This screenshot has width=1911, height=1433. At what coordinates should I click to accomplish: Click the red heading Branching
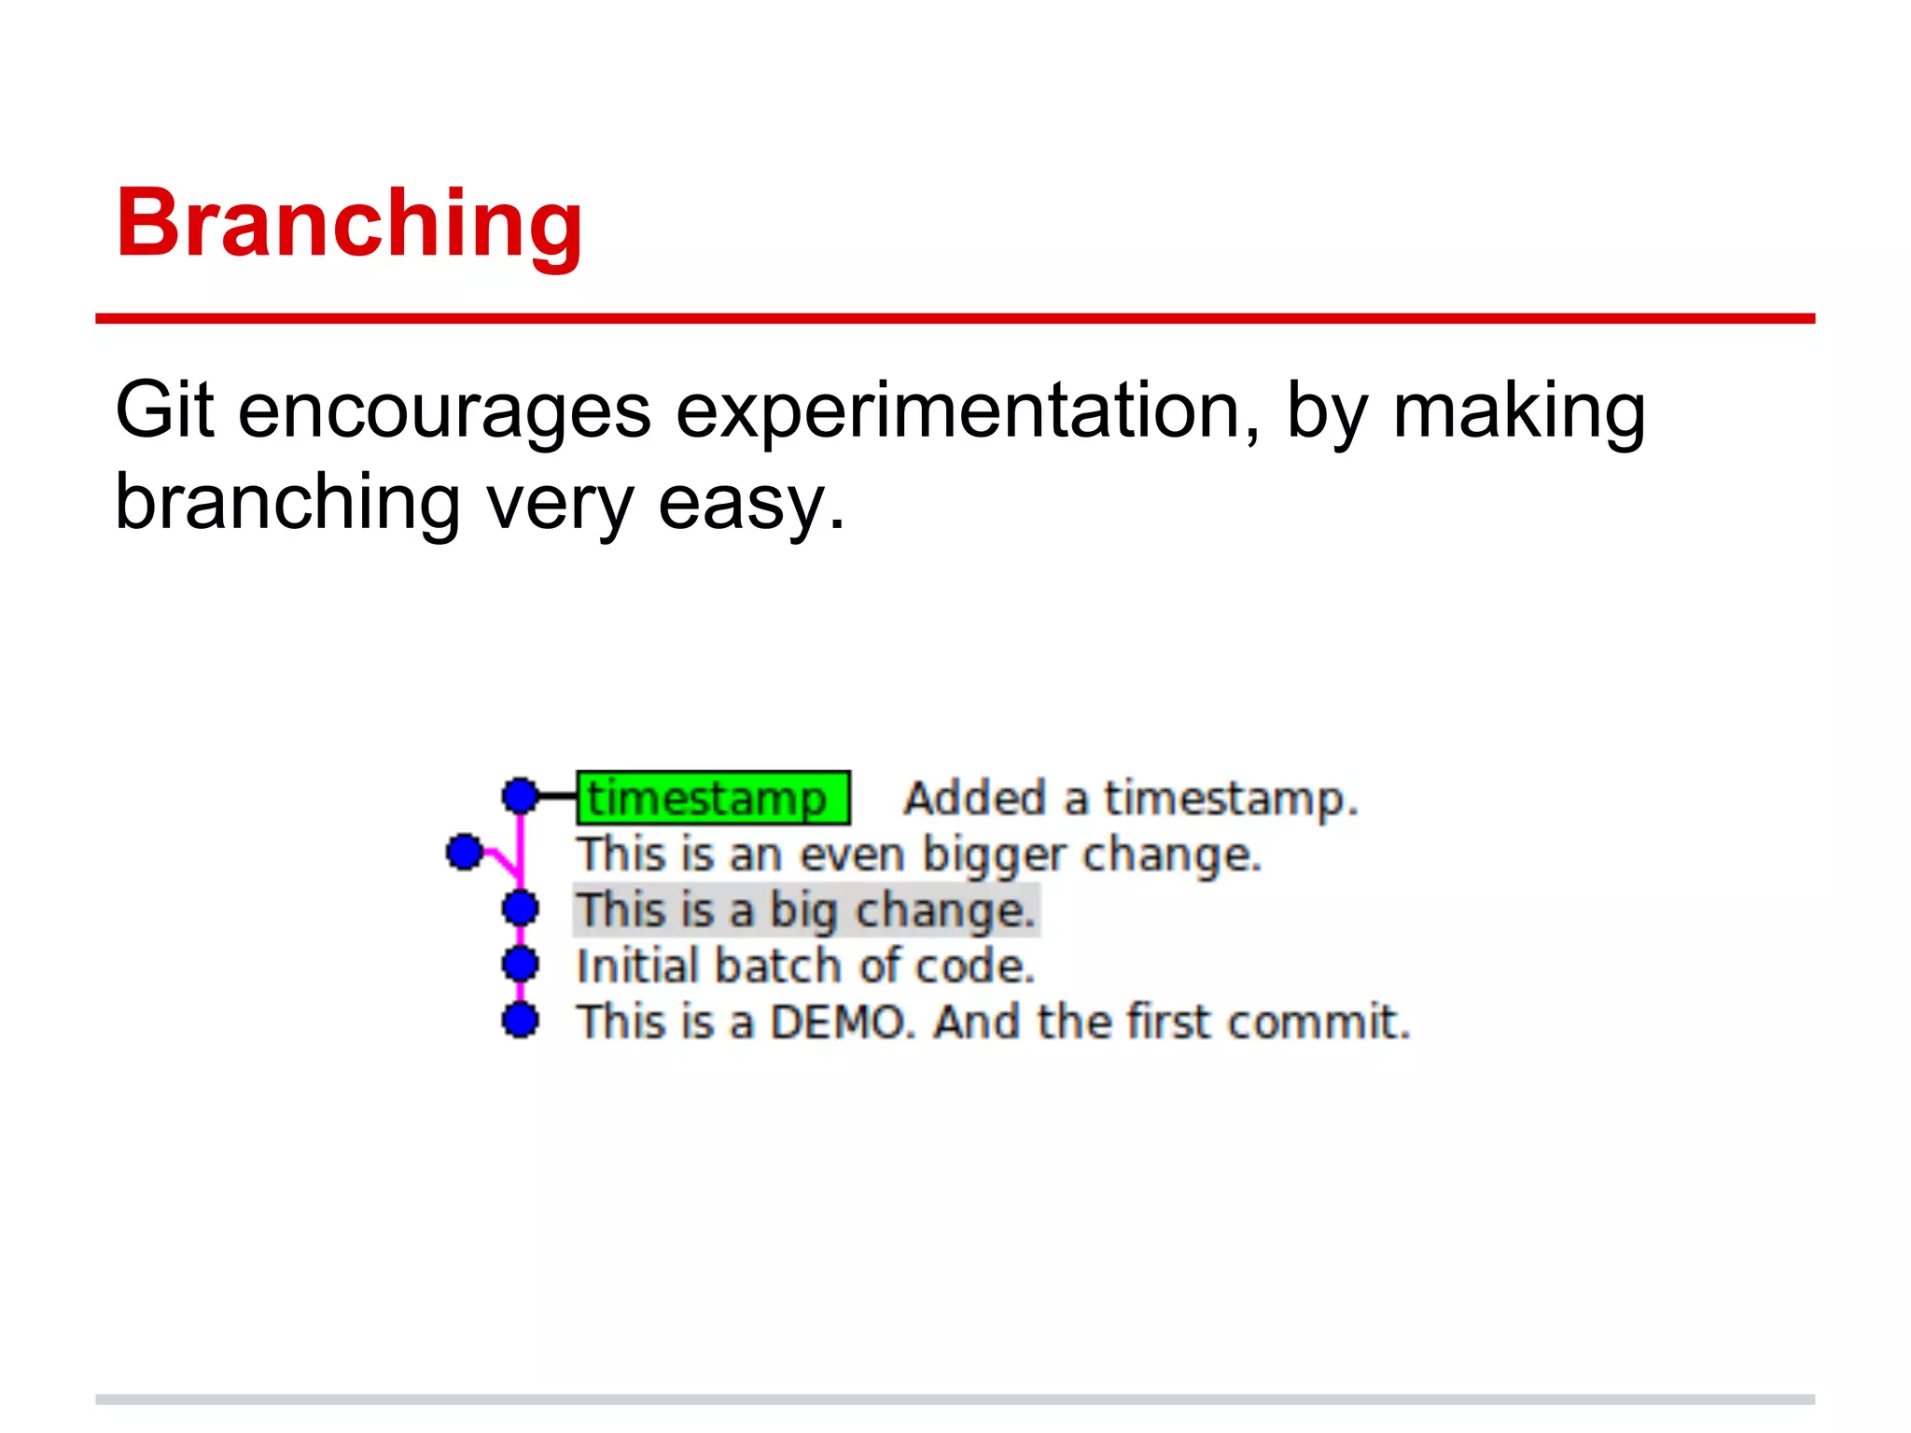(349, 224)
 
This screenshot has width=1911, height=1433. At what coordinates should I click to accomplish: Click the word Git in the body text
(164, 410)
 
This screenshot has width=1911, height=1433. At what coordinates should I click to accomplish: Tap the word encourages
(444, 412)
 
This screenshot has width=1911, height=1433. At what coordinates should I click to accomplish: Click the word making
(1518, 412)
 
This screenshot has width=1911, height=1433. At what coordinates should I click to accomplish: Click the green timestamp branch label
(713, 799)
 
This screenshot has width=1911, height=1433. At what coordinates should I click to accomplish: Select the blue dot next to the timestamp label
(521, 797)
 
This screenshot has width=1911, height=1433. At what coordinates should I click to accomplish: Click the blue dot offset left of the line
(464, 852)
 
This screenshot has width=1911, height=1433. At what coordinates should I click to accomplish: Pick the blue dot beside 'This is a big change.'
(521, 908)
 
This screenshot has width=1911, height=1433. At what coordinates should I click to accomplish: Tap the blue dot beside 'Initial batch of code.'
(521, 964)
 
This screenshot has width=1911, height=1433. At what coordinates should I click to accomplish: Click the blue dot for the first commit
(521, 1020)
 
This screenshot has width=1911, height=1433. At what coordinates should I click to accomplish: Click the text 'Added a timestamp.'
(1130, 800)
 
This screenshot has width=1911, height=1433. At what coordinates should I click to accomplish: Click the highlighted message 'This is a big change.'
(806, 911)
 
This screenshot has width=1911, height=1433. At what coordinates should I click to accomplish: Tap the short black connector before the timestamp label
(558, 797)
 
